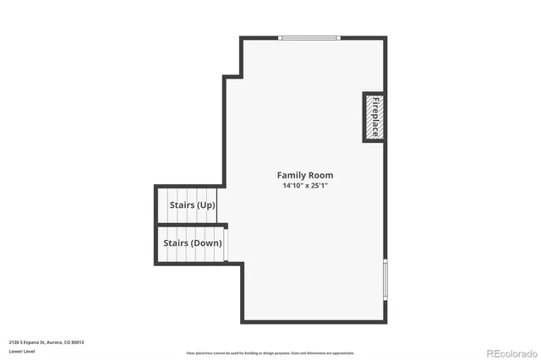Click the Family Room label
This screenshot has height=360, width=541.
304,175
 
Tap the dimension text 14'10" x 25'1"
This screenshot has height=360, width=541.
304,185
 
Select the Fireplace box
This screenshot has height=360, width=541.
374,117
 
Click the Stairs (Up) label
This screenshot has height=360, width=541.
192,205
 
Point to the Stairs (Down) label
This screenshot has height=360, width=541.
192,243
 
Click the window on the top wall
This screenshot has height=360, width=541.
309,38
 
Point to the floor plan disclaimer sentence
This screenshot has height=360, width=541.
270,353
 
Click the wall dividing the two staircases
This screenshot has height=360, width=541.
190,225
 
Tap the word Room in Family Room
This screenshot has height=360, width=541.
320,175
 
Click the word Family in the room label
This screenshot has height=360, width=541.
291,175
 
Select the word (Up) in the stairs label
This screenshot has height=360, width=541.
205,205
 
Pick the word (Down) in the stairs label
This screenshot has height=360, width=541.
206,243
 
